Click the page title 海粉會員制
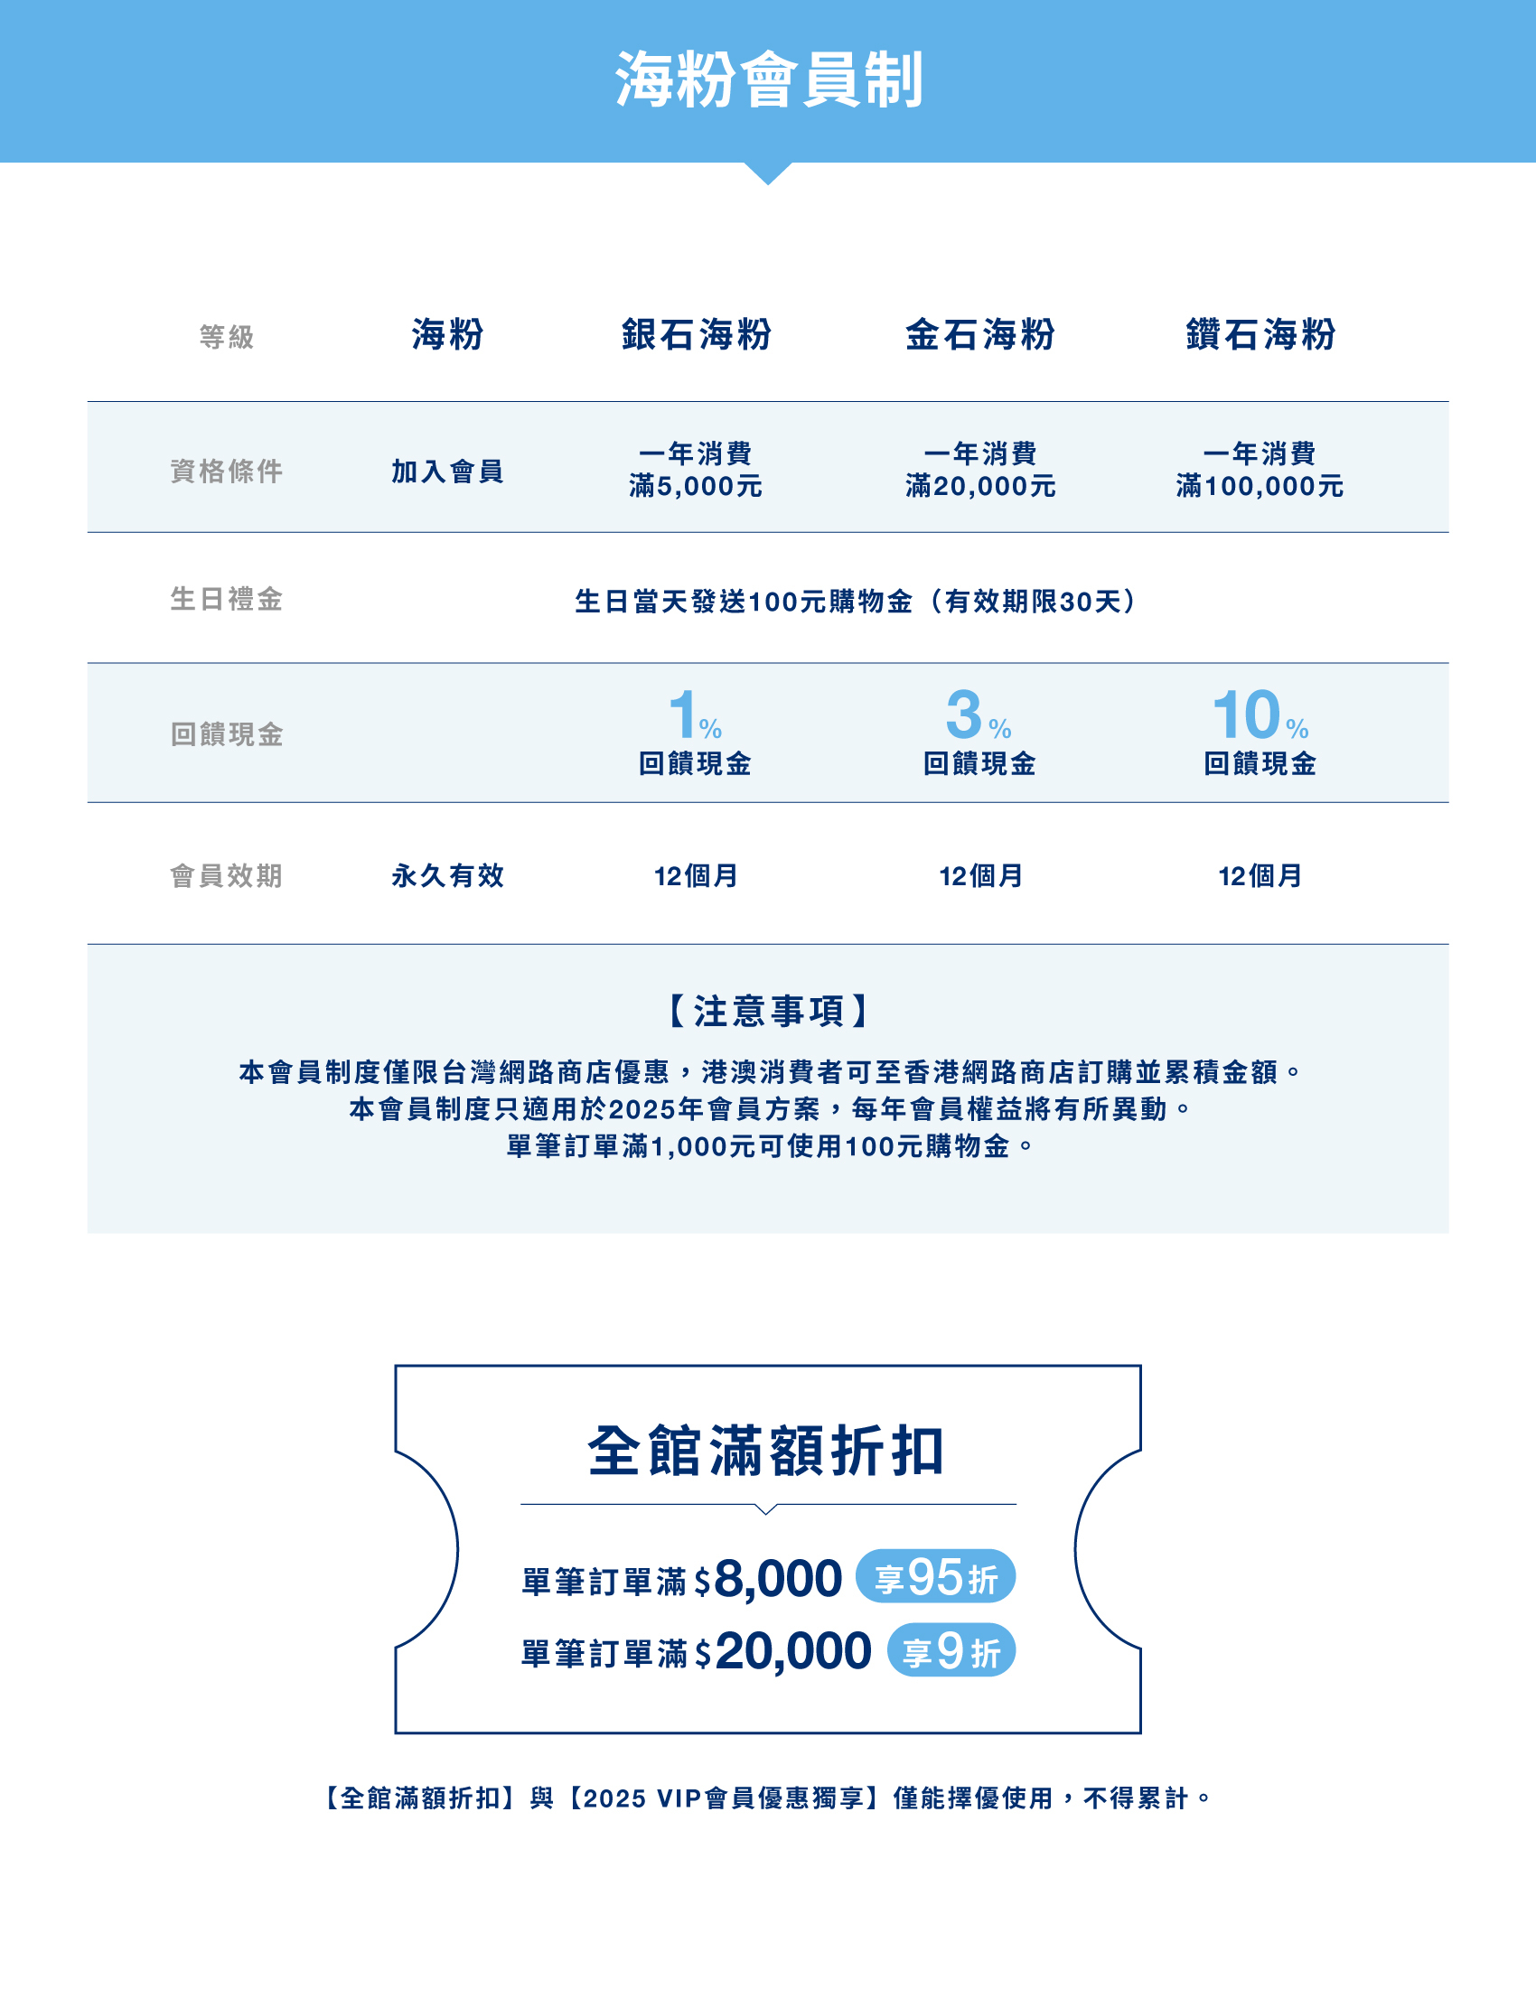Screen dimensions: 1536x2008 768,80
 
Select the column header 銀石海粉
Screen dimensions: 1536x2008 696,334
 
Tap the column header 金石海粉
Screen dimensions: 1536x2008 979,334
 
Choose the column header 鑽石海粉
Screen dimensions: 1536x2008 1260,334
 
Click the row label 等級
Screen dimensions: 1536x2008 227,337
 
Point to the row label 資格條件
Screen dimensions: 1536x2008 227,471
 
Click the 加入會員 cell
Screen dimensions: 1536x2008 447,471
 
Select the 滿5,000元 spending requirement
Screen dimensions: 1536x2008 696,485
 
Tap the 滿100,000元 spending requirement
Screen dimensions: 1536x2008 1259,485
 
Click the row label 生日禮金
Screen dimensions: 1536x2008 227,599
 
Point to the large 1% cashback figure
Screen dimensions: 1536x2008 694,715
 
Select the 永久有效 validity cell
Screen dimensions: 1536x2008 447,875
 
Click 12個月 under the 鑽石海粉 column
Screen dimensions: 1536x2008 1259,875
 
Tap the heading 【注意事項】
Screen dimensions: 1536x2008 768,1011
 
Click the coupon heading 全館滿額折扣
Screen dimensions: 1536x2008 766,1452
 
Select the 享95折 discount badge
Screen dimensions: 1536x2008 934,1576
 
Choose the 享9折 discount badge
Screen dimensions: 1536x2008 950,1650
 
